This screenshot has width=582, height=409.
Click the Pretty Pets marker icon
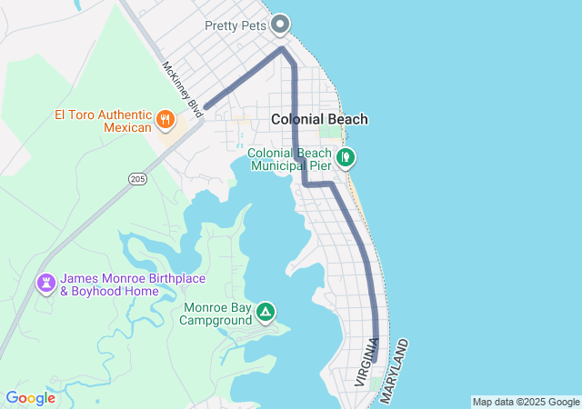pyautogui.click(x=281, y=25)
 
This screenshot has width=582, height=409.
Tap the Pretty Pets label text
pyautogui.click(x=236, y=25)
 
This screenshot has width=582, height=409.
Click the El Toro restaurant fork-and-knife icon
pyautogui.click(x=165, y=119)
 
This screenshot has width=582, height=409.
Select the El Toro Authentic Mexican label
pyautogui.click(x=103, y=121)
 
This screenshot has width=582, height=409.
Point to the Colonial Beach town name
pyautogui.click(x=319, y=119)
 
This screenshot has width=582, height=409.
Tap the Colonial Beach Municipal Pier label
pyautogui.click(x=289, y=160)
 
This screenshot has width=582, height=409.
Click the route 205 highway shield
pyautogui.click(x=137, y=179)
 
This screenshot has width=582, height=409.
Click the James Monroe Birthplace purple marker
pyautogui.click(x=45, y=284)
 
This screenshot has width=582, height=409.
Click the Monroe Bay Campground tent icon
pyautogui.click(x=265, y=313)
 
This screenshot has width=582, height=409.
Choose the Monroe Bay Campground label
pyautogui.click(x=217, y=314)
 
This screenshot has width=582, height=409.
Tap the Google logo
pyautogui.click(x=30, y=398)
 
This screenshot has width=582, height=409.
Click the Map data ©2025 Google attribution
pyautogui.click(x=526, y=402)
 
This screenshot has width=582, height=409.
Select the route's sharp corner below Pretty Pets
pyautogui.click(x=283, y=48)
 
